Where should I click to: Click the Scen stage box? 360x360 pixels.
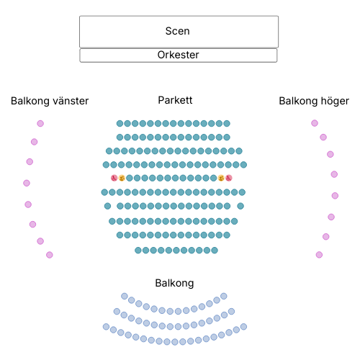pyautogui.click(x=179, y=32)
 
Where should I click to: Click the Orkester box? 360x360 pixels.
pyautogui.click(x=179, y=55)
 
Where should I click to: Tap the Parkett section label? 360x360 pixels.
pyautogui.click(x=175, y=100)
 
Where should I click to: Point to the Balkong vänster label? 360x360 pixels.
pyautogui.click(x=50, y=101)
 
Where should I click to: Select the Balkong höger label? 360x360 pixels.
pyautogui.click(x=314, y=101)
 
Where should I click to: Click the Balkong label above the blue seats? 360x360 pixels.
pyautogui.click(x=174, y=283)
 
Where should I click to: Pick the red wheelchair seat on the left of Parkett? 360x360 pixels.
pyautogui.click(x=114, y=178)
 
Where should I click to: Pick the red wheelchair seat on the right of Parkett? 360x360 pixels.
pyautogui.click(x=229, y=178)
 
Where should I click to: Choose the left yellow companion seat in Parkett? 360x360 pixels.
pyautogui.click(x=122, y=178)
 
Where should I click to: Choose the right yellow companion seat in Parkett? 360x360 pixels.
pyautogui.click(x=221, y=178)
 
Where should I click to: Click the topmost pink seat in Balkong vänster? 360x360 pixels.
pyautogui.click(x=40, y=123)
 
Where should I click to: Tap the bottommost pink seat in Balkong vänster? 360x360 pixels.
pyautogui.click(x=50, y=255)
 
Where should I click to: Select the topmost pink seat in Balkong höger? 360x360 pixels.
pyautogui.click(x=315, y=123)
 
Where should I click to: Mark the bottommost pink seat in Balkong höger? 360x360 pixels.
pyautogui.click(x=319, y=255)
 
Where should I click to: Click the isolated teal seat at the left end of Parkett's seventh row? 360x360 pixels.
pyautogui.click(x=107, y=206)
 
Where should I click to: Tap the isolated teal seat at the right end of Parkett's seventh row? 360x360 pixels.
pyautogui.click(x=240, y=206)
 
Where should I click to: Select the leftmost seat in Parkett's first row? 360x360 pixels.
pyautogui.click(x=120, y=124)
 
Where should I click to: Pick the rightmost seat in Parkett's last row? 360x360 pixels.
pyautogui.click(x=215, y=251)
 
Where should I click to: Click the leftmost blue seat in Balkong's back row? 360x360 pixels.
pyautogui.click(x=106, y=327)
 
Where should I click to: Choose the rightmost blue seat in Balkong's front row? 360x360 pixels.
pyautogui.click(x=224, y=296)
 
